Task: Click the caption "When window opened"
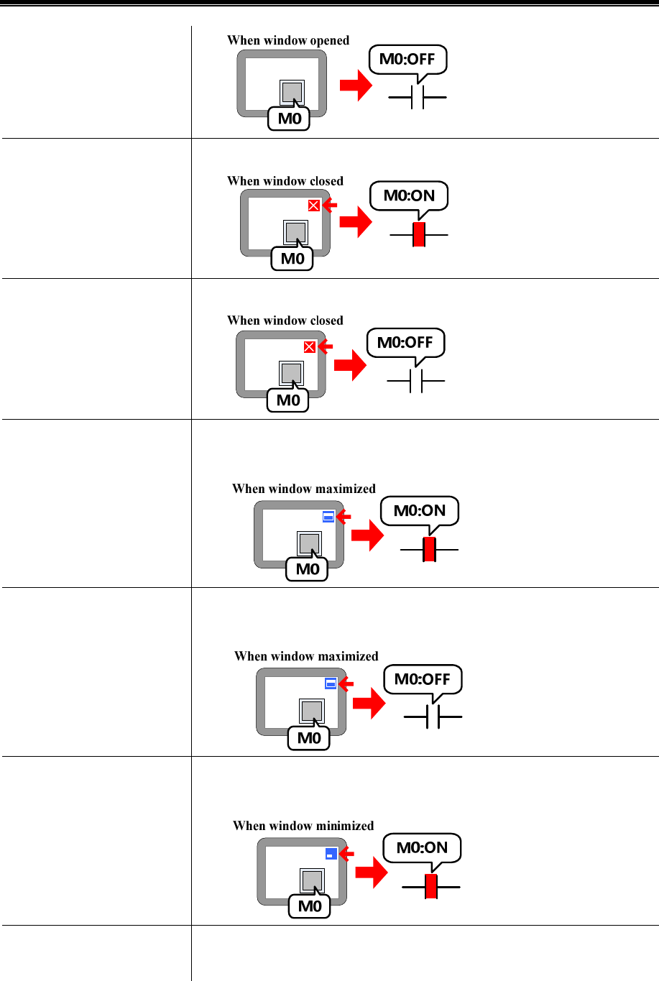tap(288, 40)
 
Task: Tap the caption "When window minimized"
tap(303, 826)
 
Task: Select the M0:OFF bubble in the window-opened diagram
tap(407, 59)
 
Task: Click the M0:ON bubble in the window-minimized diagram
tap(422, 847)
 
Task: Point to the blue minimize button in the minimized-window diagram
tap(331, 854)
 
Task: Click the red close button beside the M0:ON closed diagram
tap(313, 206)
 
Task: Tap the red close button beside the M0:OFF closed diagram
tap(310, 347)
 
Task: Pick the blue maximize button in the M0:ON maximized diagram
tap(328, 516)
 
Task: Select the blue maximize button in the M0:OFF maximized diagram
tap(331, 683)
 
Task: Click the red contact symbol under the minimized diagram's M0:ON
tap(430, 887)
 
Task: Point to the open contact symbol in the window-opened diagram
tap(418, 96)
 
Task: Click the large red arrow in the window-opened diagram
tap(356, 86)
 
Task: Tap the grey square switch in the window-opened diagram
tap(292, 92)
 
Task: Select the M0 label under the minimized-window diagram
tap(310, 906)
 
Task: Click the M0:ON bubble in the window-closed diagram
tap(409, 195)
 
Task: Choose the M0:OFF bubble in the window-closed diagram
tap(405, 342)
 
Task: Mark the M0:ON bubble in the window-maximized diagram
tap(420, 510)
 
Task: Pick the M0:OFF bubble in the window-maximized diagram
tap(423, 678)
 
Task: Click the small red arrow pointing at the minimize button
tap(346, 854)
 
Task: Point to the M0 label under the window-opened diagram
tap(290, 119)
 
